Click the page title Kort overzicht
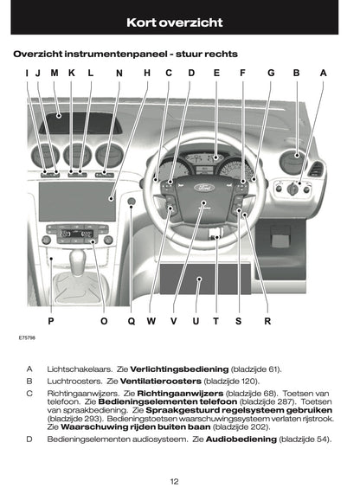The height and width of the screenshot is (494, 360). (x=179, y=19)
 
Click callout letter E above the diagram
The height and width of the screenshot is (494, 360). (x=216, y=74)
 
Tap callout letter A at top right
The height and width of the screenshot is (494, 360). (x=323, y=74)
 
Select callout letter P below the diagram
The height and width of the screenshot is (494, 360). (x=51, y=321)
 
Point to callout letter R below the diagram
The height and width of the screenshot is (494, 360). (x=267, y=321)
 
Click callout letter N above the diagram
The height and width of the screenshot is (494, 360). (x=119, y=74)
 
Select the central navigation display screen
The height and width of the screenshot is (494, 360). (x=77, y=202)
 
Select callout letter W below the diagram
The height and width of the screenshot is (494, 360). (x=151, y=321)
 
